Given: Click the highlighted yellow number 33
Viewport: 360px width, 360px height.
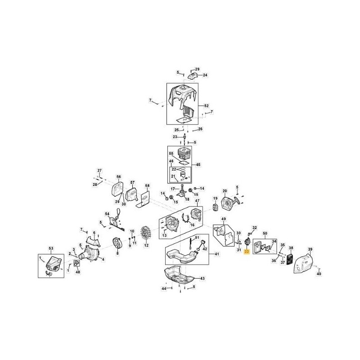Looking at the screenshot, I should pos(246,253).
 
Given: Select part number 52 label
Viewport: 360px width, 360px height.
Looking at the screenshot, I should pos(207,106).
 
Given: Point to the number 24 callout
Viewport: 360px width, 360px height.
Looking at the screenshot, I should pos(205,75).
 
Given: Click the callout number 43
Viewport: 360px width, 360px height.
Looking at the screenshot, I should pos(202,279).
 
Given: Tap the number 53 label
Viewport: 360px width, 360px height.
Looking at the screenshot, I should pos(50,248).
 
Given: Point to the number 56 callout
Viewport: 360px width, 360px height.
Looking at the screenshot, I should pos(119,177).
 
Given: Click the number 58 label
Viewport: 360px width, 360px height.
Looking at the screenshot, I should pos(147,185).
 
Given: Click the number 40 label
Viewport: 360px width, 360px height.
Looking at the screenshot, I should pos(319,274).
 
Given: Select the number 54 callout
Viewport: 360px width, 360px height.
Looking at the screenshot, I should pos(107,214).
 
